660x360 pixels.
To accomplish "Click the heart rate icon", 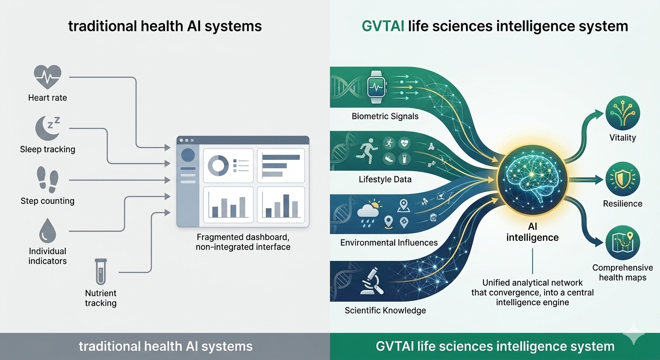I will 48,77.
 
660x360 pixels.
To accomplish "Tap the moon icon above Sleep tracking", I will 47,127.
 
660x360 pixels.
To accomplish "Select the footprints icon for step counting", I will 47,180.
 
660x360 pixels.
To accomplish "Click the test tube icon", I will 100,272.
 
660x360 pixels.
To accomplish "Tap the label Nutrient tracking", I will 100,298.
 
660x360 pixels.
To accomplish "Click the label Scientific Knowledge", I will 385,310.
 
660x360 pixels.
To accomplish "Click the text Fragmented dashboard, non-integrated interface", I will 243,242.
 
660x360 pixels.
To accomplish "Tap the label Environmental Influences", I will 389,243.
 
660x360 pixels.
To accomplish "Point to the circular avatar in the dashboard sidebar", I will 188,155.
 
